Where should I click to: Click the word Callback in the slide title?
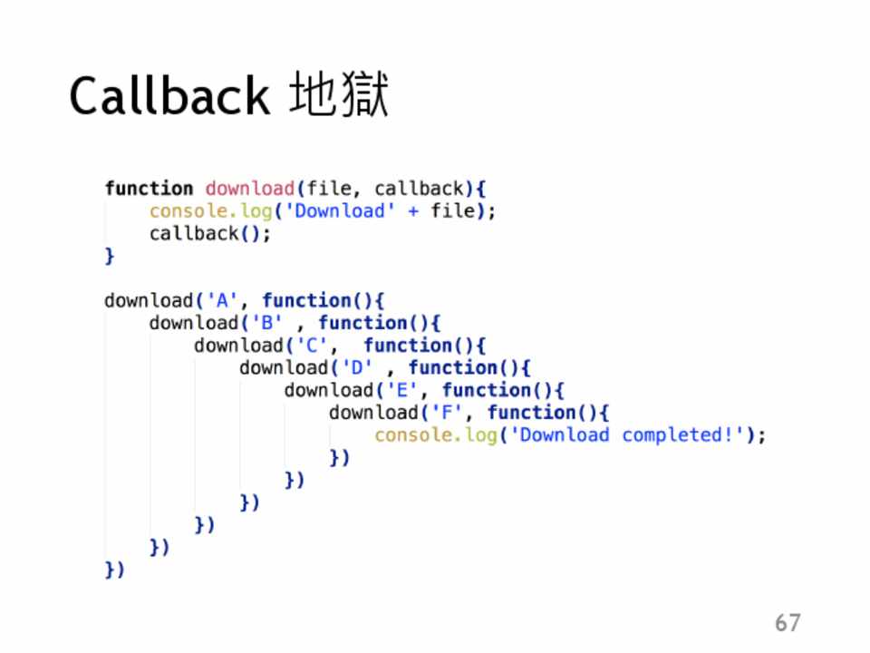click(169, 96)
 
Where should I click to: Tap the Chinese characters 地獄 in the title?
click(339, 96)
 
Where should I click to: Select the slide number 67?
click(788, 622)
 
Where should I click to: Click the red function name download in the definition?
click(250, 189)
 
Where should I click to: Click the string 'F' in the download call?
click(458, 413)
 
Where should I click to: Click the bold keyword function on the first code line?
click(149, 189)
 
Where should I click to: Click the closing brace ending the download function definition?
click(110, 256)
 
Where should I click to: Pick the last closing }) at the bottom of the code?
click(114, 570)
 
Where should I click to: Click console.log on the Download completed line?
click(436, 435)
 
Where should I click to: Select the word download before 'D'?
click(283, 367)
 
